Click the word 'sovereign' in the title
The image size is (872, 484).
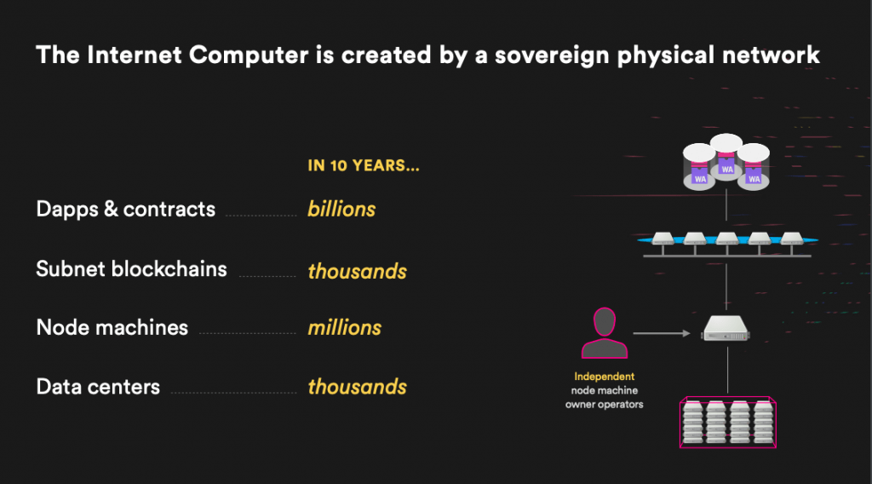tap(553, 55)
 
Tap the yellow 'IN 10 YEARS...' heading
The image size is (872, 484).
tap(364, 165)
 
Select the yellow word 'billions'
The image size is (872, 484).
tap(341, 209)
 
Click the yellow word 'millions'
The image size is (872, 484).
tap(345, 328)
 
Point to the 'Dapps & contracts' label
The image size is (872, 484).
tap(126, 209)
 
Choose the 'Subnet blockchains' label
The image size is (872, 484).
tap(131, 268)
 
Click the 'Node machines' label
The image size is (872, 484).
tap(112, 328)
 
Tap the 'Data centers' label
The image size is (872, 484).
tap(98, 387)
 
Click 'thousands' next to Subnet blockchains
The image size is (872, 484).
tap(357, 272)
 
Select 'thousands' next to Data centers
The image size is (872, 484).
tap(357, 387)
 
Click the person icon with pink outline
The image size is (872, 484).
tap(605, 333)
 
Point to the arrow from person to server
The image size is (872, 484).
tap(662, 333)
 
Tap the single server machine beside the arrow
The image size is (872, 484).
tap(726, 328)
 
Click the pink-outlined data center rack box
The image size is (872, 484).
tap(727, 423)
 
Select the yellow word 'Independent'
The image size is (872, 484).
tap(605, 377)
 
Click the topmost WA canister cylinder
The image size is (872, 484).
tap(726, 154)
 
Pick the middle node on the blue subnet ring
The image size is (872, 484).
tap(727, 239)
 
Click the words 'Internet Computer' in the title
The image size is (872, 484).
tap(198, 55)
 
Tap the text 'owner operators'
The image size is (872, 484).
tap(605, 405)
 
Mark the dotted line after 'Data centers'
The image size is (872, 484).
tap(233, 393)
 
